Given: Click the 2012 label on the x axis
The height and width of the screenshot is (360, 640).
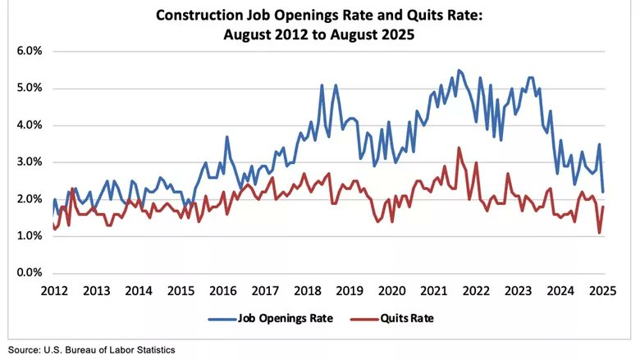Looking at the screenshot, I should (x=54, y=289).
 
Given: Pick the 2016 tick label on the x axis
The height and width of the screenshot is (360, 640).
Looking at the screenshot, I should (x=223, y=289).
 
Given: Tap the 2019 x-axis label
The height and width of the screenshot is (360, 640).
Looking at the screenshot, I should (x=350, y=289).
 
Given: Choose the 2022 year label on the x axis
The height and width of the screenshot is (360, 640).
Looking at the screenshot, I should (x=476, y=289).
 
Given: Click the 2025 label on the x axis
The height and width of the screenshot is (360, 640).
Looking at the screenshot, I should (x=602, y=289).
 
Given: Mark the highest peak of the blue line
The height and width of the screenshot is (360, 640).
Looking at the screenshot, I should (x=458, y=70).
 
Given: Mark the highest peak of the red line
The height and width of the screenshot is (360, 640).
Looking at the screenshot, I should (x=459, y=148).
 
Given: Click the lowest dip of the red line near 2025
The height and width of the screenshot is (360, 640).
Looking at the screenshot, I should (x=599, y=233).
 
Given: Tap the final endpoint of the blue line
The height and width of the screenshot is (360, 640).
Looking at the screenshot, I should (x=603, y=192).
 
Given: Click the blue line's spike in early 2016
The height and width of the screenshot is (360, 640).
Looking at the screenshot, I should (x=226, y=137).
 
